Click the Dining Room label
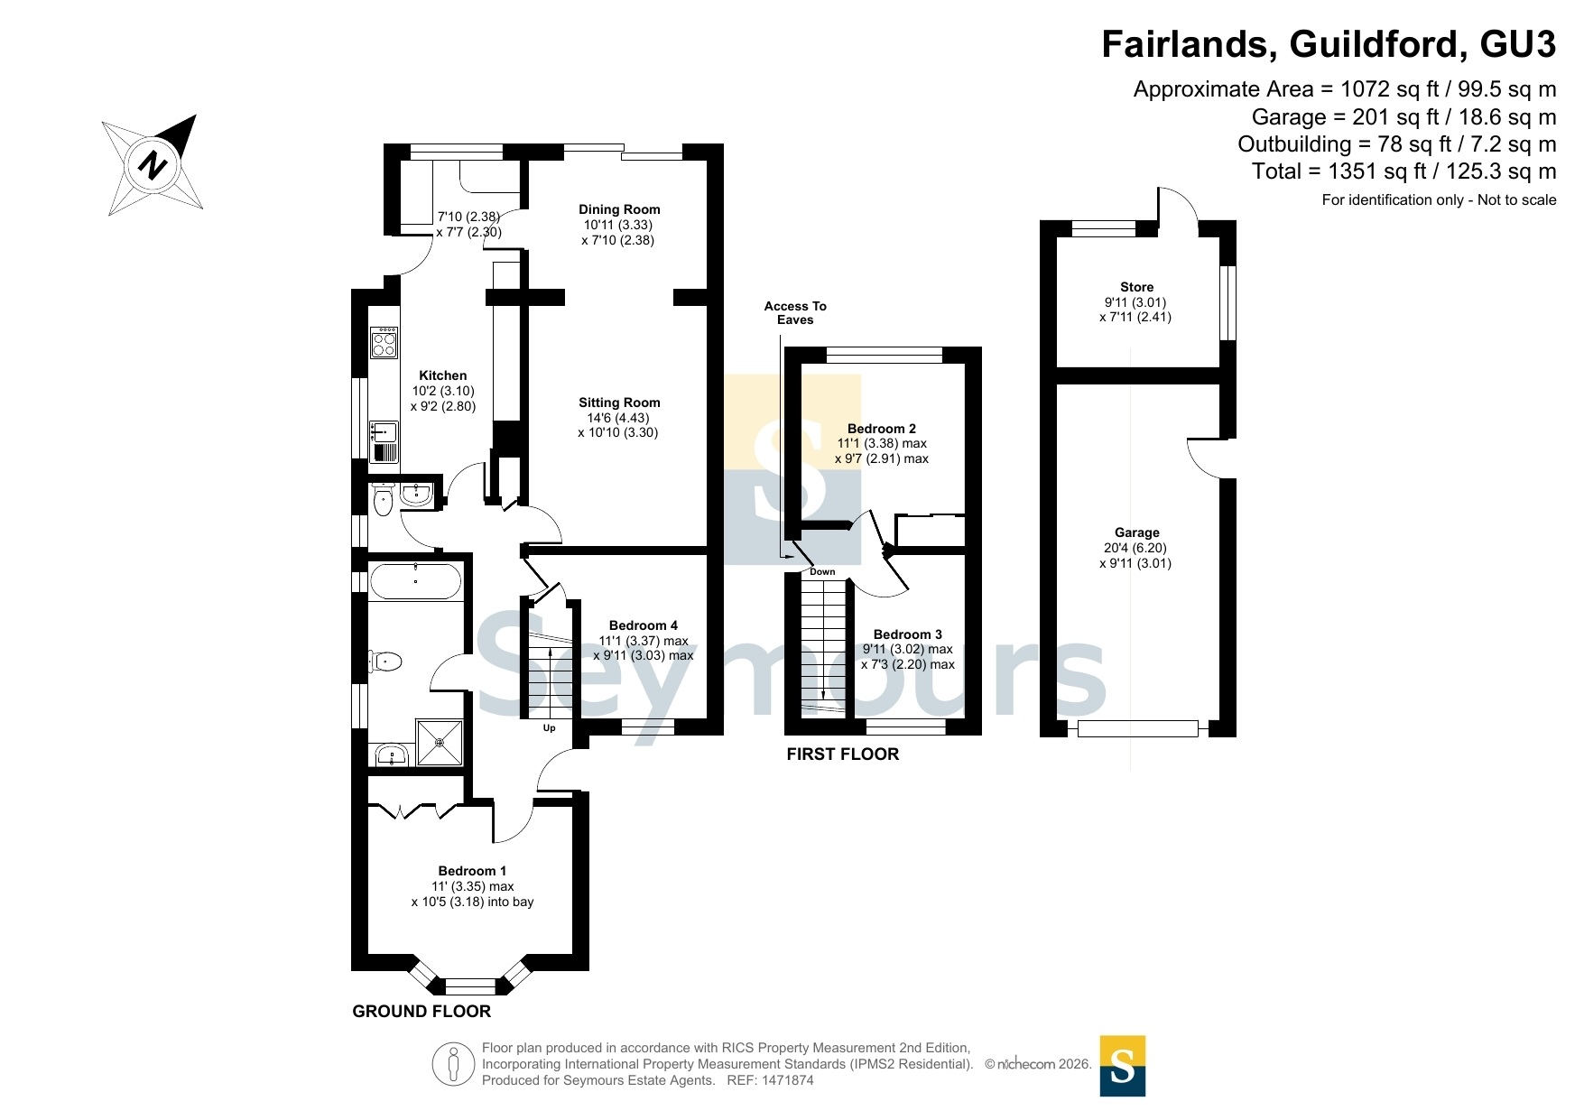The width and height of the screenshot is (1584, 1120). tap(619, 209)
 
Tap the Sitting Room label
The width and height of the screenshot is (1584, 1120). tap(619, 403)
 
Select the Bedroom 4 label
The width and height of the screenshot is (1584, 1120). tap(644, 625)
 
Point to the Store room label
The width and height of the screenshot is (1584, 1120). tap(1136, 287)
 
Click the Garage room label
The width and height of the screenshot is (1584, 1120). tap(1136, 532)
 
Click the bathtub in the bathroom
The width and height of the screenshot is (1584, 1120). tap(415, 582)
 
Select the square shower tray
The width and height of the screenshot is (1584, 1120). tap(440, 743)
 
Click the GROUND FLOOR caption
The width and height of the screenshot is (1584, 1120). tap(421, 1012)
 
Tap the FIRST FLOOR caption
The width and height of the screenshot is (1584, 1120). tap(843, 754)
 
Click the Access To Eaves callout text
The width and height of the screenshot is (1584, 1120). tap(795, 313)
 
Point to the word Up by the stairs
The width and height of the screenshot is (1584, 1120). tap(549, 728)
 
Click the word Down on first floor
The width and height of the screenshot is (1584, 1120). tap(822, 572)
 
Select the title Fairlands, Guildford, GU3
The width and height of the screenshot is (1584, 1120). tap(1329, 44)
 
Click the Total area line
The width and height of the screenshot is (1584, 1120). tap(1403, 171)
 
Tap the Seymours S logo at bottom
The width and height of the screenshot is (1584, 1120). tap(1123, 1066)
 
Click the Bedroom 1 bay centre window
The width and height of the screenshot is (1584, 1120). tap(470, 986)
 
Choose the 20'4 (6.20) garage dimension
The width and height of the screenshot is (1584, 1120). tap(1135, 548)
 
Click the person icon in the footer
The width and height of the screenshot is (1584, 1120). tap(453, 1064)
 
